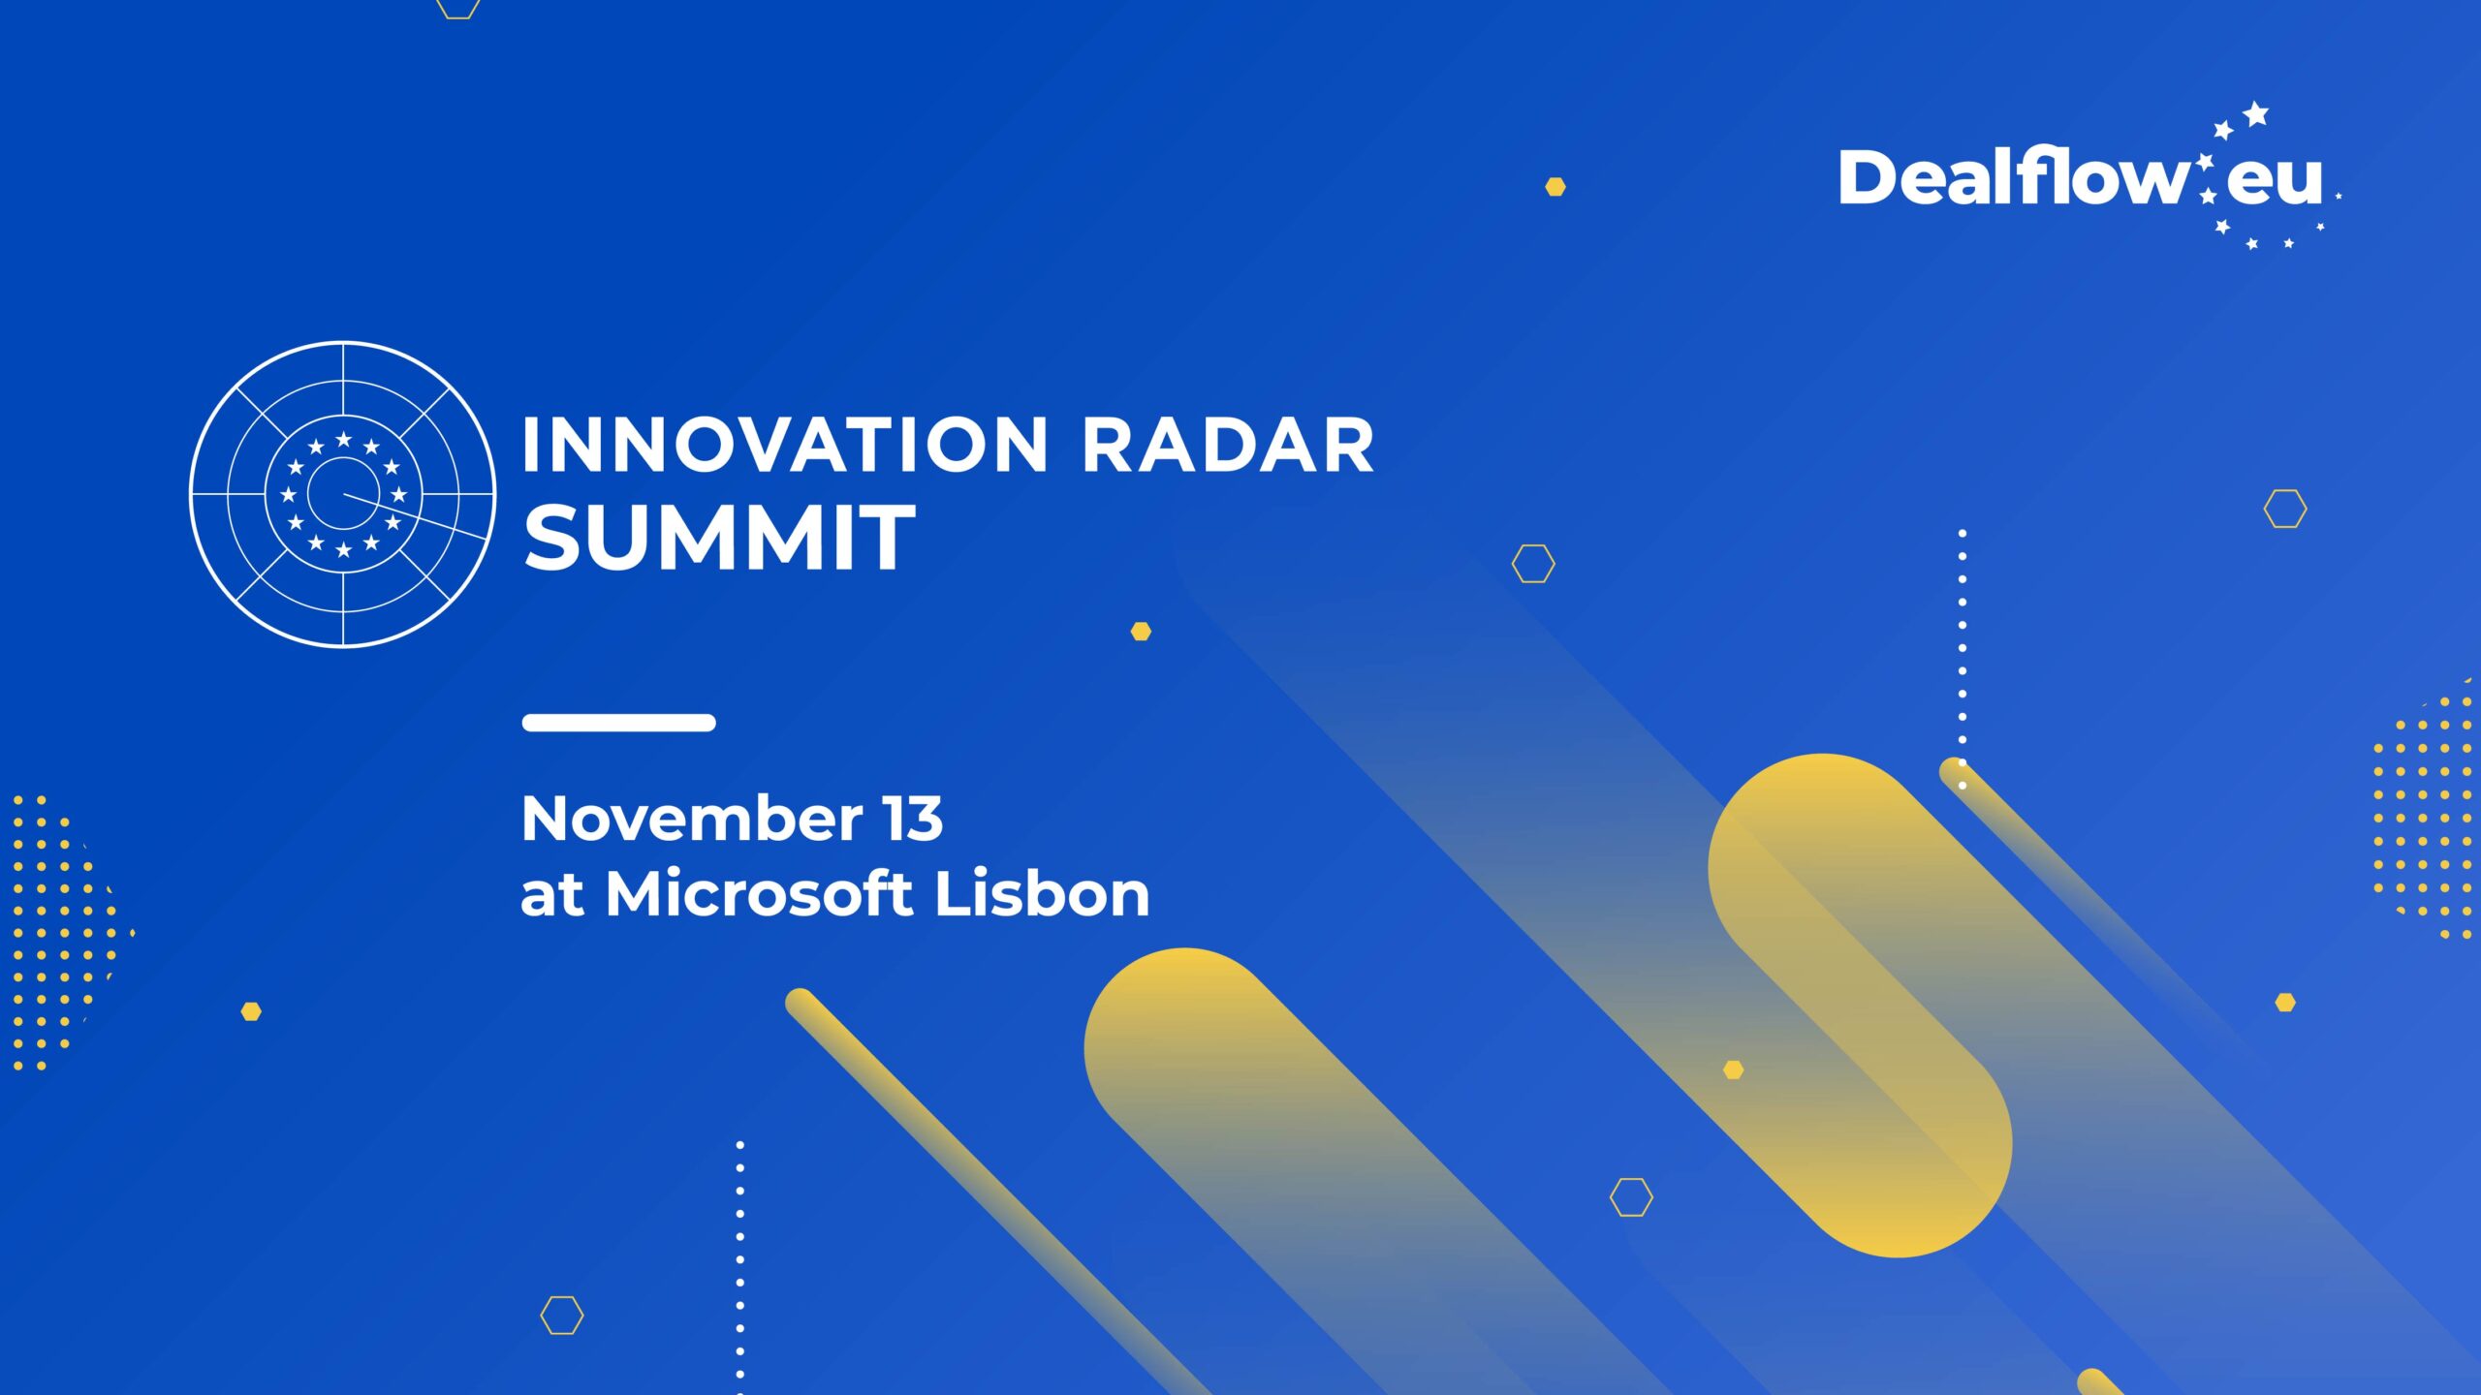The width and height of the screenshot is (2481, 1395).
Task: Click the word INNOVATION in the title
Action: click(x=785, y=446)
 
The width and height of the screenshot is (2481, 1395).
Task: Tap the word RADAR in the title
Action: click(x=1228, y=446)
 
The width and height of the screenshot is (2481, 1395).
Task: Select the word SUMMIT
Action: click(x=719, y=538)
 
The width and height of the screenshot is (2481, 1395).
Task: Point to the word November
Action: click(x=692, y=819)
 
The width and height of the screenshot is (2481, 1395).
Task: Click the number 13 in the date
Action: click(x=912, y=819)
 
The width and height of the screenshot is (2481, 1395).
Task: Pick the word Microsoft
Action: click(x=759, y=893)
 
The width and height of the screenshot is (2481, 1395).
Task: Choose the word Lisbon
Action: click(x=1042, y=893)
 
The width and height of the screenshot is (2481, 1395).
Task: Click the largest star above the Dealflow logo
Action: click(x=2256, y=113)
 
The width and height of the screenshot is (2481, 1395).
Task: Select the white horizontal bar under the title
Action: click(x=618, y=722)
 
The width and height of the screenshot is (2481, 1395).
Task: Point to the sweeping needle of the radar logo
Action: click(x=415, y=516)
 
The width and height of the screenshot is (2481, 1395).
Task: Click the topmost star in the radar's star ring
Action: click(x=343, y=440)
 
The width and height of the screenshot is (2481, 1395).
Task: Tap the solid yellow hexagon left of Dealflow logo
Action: click(x=1555, y=187)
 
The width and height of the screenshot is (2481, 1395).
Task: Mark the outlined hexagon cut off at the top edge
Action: click(x=458, y=8)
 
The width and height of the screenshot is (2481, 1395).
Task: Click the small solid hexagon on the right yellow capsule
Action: click(x=1734, y=1069)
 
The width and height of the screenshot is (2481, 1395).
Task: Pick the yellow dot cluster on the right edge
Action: click(x=2423, y=809)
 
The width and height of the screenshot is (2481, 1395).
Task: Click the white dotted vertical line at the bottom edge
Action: click(x=740, y=1267)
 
